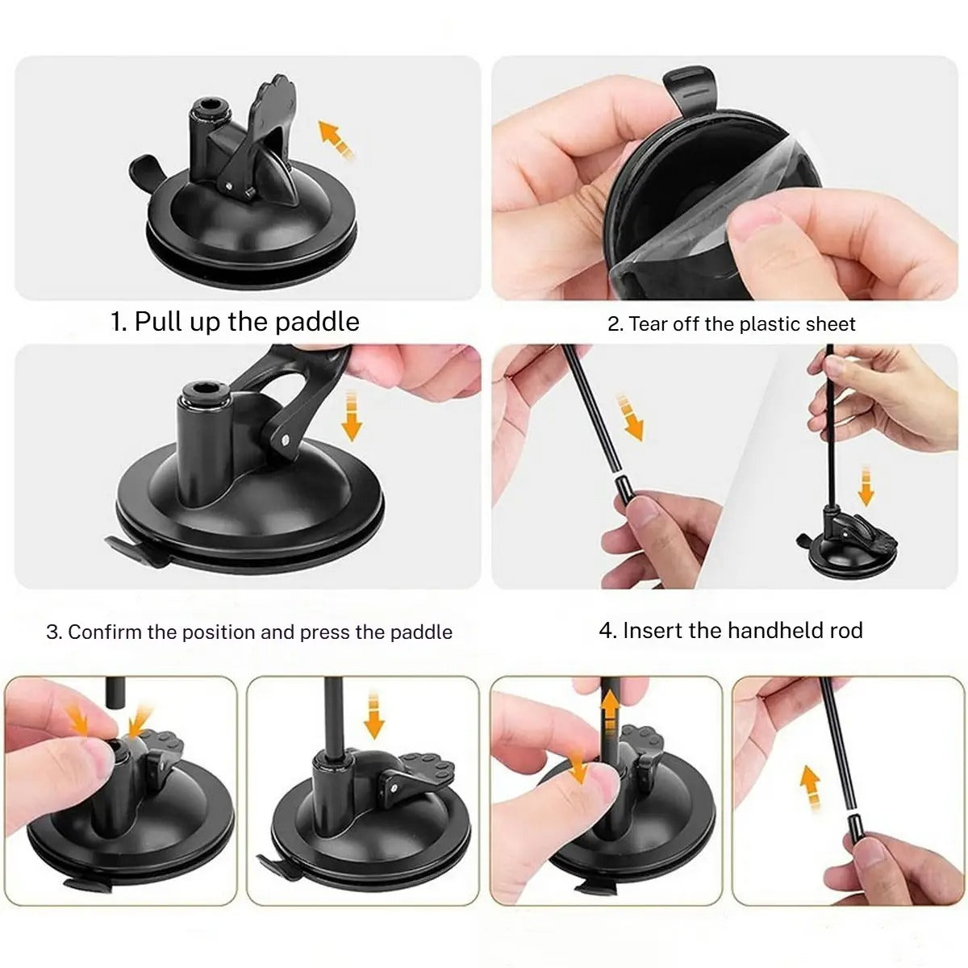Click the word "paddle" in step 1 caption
(317, 321)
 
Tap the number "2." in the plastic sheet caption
(615, 324)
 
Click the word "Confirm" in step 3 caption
(105, 632)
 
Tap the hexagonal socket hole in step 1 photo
(211, 106)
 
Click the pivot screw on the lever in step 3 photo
(287, 440)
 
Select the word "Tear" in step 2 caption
(649, 324)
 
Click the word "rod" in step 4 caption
(845, 630)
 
